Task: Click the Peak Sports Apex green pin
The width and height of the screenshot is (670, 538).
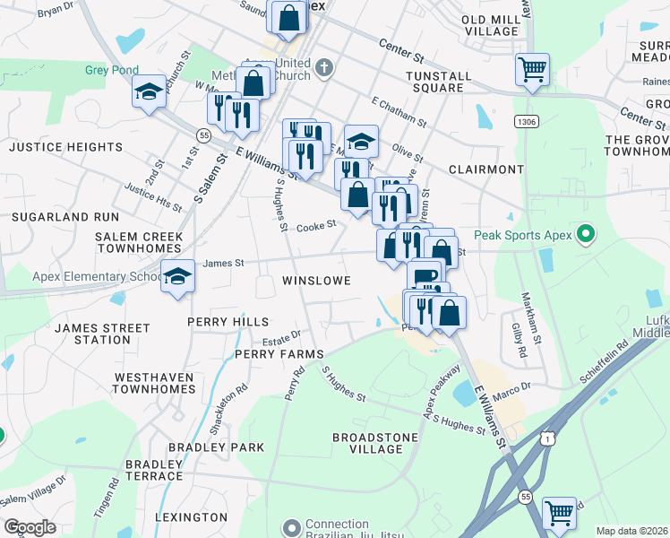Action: [586, 236]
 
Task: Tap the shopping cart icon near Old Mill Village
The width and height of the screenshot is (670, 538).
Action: [532, 69]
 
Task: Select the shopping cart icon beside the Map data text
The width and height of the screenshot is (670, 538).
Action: [559, 513]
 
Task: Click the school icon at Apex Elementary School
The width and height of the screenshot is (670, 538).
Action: [177, 275]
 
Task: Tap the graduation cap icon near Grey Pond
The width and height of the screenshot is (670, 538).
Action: [149, 91]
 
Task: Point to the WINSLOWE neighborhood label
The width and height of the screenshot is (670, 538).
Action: [315, 281]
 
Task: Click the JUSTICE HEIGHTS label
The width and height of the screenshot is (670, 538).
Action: [65, 146]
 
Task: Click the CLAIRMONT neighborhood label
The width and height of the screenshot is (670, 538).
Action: [485, 169]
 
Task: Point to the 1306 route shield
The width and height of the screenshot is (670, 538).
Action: [526, 120]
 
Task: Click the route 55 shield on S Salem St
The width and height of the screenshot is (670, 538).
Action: [204, 135]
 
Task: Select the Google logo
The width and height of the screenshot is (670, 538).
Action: [29, 527]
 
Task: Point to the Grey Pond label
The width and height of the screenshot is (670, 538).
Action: [112, 70]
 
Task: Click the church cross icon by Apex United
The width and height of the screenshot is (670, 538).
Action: [323, 65]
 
